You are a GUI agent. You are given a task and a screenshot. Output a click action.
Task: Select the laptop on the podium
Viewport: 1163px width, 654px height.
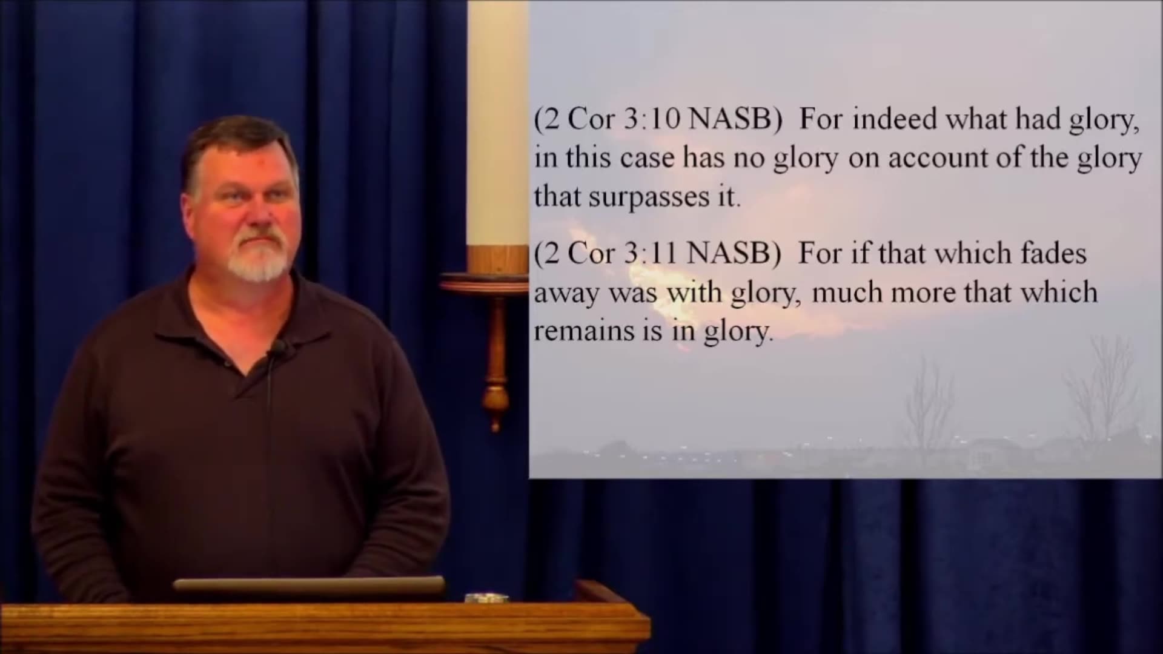(x=310, y=585)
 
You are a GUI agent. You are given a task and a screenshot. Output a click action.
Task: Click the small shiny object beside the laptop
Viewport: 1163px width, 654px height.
(x=486, y=598)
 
